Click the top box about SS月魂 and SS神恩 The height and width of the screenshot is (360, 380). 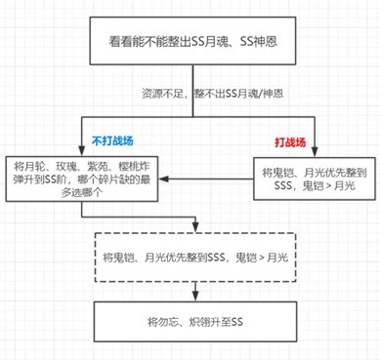pos(190,42)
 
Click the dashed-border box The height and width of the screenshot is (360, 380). pos(190,257)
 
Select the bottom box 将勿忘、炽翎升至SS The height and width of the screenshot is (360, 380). pos(190,321)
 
